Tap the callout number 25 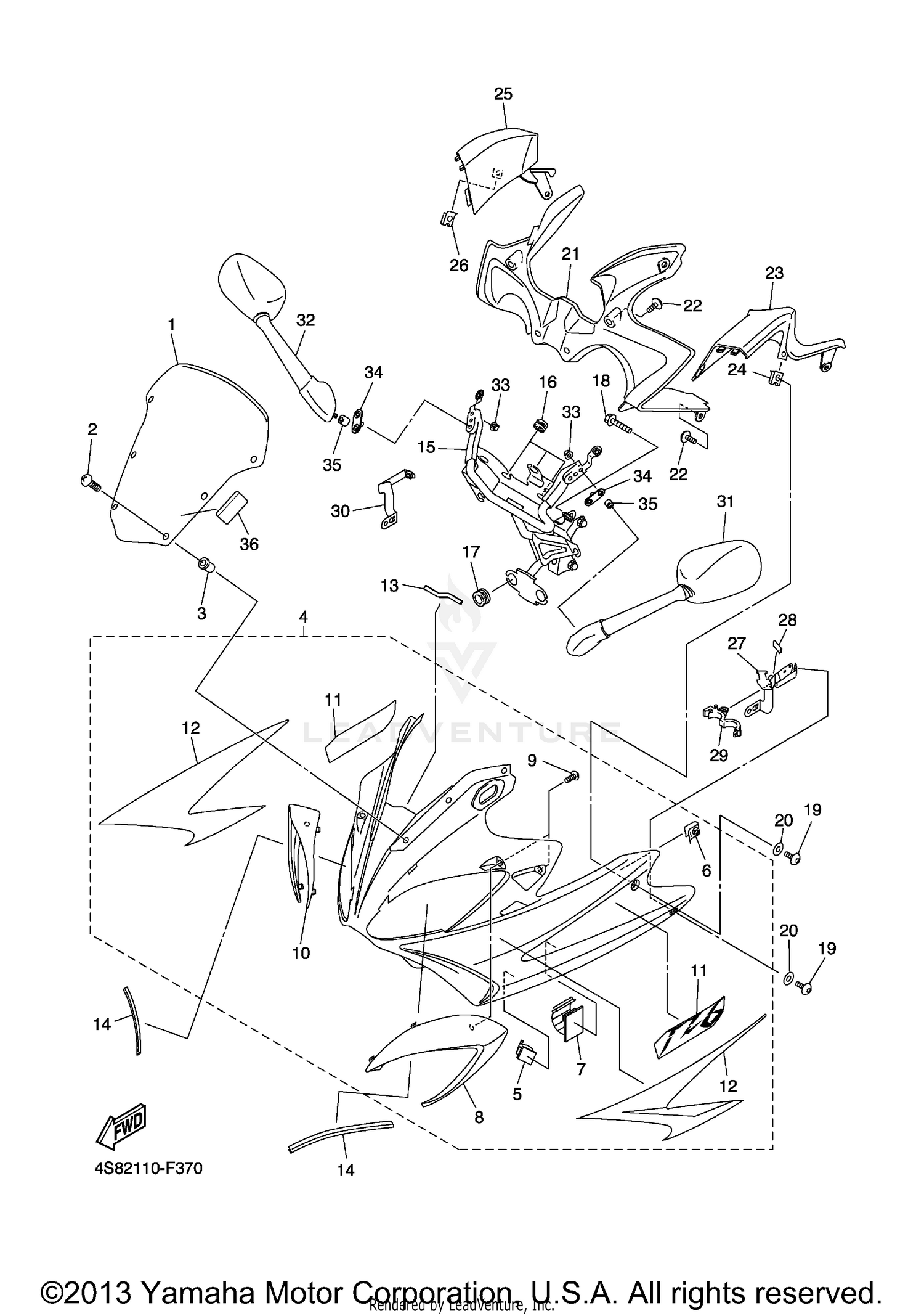point(503,94)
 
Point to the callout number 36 point(249,544)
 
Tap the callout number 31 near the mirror point(726,502)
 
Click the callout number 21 point(570,254)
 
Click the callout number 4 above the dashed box point(303,616)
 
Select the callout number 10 point(301,953)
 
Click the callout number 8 point(479,1116)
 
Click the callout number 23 point(774,272)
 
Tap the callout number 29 point(719,755)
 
